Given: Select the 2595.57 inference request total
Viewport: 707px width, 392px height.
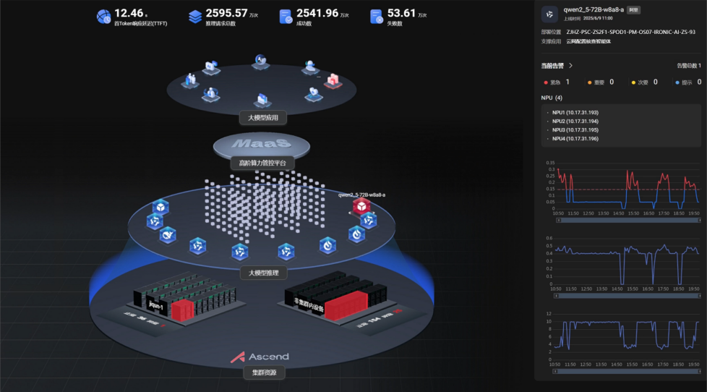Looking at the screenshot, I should click(x=226, y=13).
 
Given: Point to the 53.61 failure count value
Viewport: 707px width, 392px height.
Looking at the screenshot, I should click(x=401, y=13).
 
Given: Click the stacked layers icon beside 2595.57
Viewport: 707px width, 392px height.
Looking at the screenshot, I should click(x=195, y=16).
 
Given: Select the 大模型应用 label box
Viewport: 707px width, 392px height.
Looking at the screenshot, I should click(x=262, y=118).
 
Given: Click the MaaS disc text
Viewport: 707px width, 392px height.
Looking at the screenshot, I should click(x=262, y=145).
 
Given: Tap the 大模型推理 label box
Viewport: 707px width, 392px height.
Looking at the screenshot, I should click(x=263, y=273).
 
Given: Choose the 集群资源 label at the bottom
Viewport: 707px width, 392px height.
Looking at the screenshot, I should click(x=263, y=373).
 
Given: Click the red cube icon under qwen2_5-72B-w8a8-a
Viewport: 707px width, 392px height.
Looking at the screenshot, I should click(x=361, y=207).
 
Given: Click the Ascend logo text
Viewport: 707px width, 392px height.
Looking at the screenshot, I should click(x=268, y=357).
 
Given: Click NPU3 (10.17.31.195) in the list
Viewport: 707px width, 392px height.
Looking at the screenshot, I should click(x=575, y=129).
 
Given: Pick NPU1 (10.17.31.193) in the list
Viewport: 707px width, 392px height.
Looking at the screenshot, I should click(x=575, y=113).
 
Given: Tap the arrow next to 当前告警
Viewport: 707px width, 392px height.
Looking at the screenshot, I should click(x=571, y=66).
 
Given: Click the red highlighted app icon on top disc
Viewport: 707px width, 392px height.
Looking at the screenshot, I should click(x=333, y=80).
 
